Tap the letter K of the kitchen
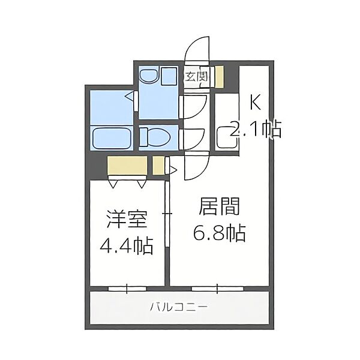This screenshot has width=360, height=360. click(x=256, y=103)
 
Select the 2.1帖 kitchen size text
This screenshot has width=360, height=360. click(x=256, y=130)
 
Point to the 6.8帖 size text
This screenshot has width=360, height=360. click(x=220, y=233)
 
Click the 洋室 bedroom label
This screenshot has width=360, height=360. click(x=127, y=219)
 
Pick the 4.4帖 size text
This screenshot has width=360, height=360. click(x=127, y=246)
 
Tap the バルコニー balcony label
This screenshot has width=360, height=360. click(x=179, y=307)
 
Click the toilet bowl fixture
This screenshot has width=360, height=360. click(x=155, y=137)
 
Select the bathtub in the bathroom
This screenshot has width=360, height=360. click(x=113, y=138)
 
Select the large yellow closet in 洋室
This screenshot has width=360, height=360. click(x=127, y=166)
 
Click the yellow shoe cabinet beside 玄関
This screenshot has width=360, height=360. click(x=219, y=77)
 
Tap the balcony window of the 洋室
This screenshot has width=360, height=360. click(x=127, y=289)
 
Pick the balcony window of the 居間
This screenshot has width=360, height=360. click(x=217, y=289)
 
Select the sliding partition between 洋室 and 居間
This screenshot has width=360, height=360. click(x=167, y=214)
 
